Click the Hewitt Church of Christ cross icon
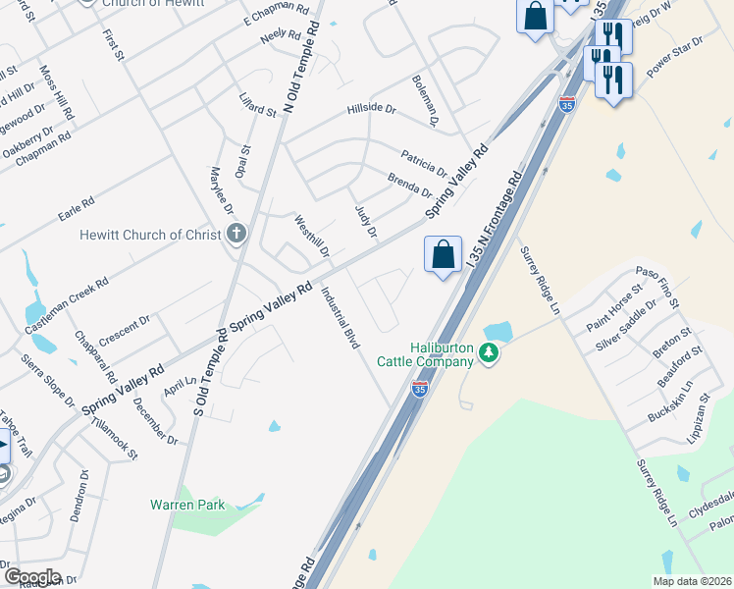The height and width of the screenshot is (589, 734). coord(236,235)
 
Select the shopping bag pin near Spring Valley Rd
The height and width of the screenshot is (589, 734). coord(444,254)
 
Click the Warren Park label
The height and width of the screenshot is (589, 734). coord(186,505)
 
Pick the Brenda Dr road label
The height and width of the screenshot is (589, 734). coord(410,183)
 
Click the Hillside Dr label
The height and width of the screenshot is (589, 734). coord(371,110)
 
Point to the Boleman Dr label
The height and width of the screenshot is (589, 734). coord(424,99)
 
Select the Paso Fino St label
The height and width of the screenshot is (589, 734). coord(656,286)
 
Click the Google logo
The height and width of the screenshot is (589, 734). coord(31,577)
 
